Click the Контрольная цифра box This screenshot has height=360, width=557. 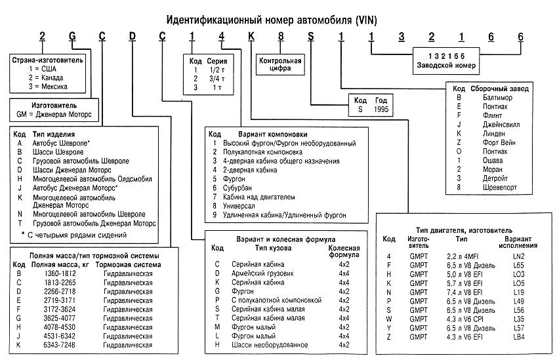[281, 64]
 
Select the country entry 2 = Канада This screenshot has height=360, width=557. [41, 77]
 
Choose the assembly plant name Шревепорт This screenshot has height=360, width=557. [485, 187]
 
